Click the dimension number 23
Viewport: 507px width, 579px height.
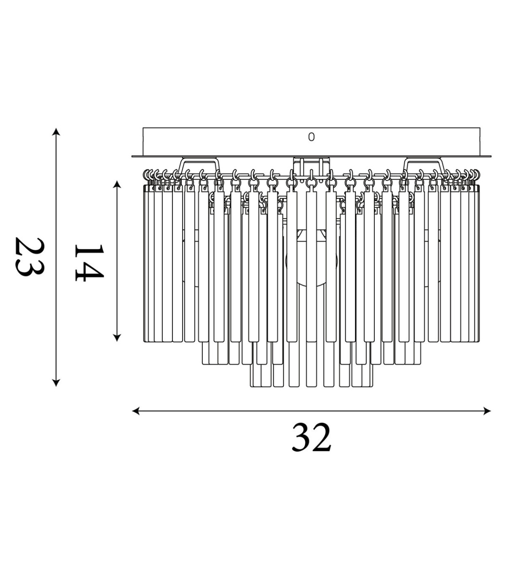pos(30,257)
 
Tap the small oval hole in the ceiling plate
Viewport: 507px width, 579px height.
pos(311,137)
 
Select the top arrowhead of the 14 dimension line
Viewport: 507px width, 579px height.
pos(117,184)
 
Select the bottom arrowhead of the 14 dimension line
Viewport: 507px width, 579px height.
pos(117,338)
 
